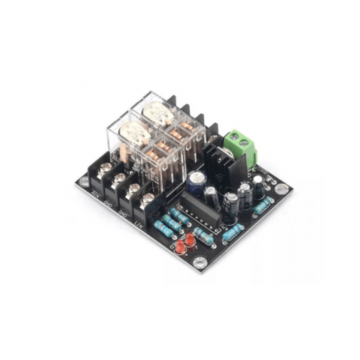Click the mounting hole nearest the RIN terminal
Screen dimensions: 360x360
(81, 180)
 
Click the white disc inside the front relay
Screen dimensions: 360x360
(134, 136)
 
